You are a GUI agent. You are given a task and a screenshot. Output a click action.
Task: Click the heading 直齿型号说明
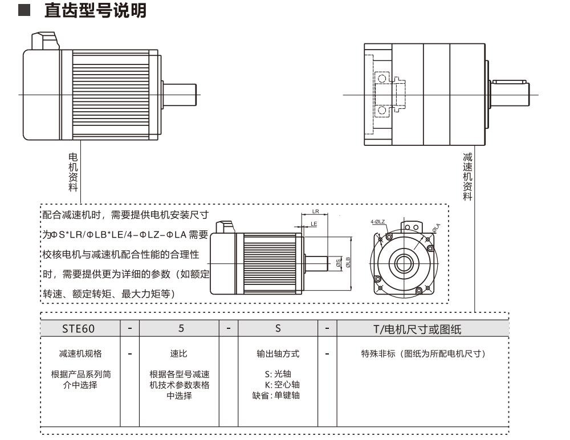[96, 11]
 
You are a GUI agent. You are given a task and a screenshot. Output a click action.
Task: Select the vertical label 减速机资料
[467, 177]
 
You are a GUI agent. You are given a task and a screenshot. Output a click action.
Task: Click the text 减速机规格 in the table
[80, 354]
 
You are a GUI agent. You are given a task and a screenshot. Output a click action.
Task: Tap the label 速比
[179, 354]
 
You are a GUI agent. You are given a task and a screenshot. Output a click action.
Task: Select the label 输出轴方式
[278, 354]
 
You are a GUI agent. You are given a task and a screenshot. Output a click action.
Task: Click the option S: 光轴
[278, 374]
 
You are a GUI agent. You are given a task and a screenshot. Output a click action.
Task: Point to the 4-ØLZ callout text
[377, 221]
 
